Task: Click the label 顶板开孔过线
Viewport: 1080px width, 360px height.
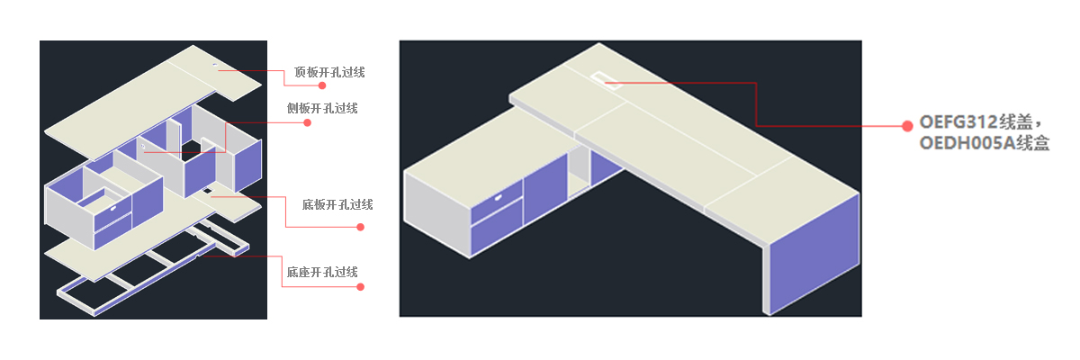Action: (329, 72)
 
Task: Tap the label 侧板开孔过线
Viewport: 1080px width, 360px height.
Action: (322, 108)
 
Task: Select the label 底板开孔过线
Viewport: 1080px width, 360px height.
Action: (337, 205)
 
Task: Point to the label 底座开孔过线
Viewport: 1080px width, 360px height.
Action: (322, 273)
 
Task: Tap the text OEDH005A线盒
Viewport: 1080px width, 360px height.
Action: (984, 143)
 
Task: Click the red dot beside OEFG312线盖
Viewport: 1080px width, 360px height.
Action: (907, 126)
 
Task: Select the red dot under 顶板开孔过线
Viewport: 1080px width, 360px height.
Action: (322, 85)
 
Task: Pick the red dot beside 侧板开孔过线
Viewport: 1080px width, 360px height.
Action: (307, 123)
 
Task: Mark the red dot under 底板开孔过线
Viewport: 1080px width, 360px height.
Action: (360, 227)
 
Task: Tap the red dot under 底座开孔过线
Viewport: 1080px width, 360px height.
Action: (360, 287)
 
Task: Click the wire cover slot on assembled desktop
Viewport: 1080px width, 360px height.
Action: (605, 78)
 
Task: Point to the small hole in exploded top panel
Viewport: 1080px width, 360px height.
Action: (214, 64)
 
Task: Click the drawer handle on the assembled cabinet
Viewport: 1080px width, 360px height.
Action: (498, 197)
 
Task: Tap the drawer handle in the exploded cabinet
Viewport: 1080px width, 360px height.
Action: (113, 208)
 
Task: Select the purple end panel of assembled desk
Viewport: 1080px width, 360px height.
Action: (814, 254)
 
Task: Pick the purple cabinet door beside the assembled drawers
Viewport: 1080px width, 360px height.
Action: (545, 188)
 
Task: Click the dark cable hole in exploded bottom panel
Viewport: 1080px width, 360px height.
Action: (207, 192)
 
